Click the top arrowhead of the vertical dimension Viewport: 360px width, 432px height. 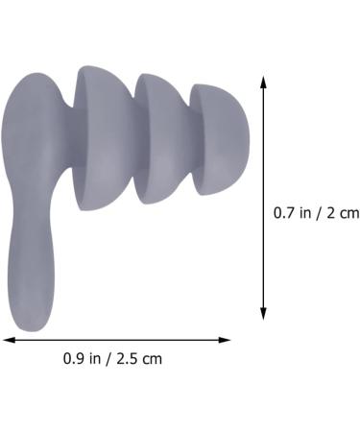tap(264, 82)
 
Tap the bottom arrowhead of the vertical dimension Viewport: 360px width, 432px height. tap(264, 315)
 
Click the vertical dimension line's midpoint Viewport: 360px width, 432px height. tap(264, 199)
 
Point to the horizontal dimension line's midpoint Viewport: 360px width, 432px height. tap(117, 339)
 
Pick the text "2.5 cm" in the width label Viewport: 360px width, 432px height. tap(140, 360)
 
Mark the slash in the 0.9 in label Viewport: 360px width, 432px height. tap(108, 360)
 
